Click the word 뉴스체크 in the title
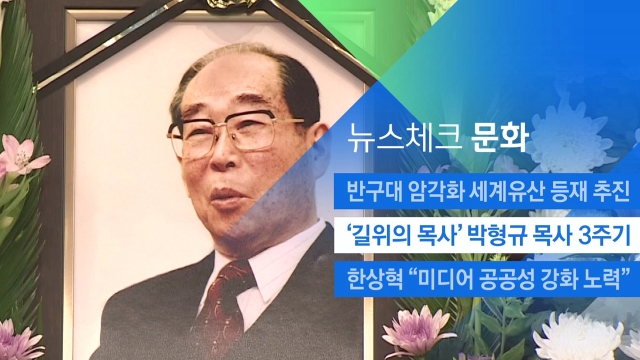[x=404, y=138]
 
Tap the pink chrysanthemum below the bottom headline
[x=417, y=331]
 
